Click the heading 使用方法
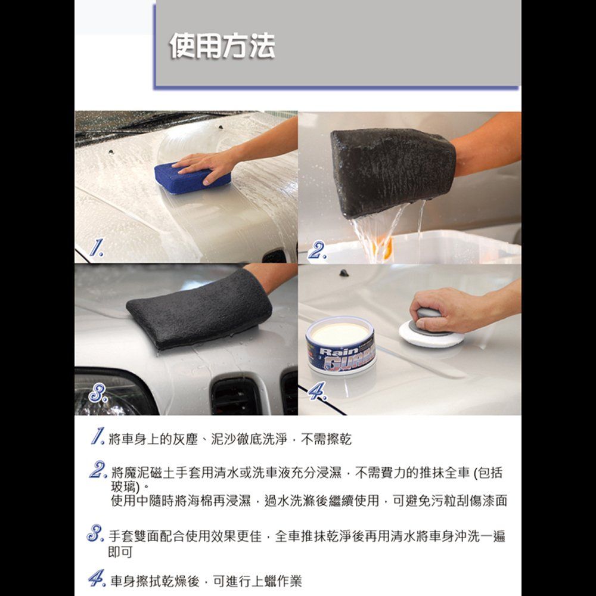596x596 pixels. (222, 46)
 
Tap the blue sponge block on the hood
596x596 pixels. (192, 178)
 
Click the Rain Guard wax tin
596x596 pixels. (340, 344)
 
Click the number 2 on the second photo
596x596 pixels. (317, 250)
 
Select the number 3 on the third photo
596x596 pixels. (98, 393)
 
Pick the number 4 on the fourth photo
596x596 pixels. (317, 391)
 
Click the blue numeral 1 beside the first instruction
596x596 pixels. (98, 436)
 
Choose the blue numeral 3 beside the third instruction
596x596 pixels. (95, 533)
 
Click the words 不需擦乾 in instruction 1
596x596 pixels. (326, 439)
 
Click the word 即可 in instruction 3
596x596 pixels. (120, 552)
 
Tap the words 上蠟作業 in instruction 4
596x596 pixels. (277, 581)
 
